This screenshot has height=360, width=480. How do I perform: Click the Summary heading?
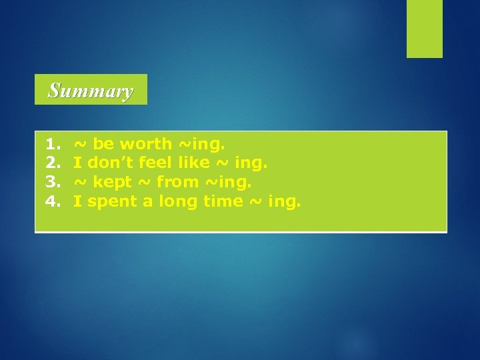(91, 90)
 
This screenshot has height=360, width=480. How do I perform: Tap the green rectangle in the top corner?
(425, 29)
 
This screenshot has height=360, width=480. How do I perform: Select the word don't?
(111, 163)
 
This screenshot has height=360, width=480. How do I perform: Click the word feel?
(155, 163)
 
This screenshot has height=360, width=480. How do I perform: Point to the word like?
(194, 163)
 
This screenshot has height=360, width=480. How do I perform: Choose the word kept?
(113, 182)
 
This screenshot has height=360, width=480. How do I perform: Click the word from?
(177, 182)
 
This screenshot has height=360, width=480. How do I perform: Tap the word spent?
(113, 201)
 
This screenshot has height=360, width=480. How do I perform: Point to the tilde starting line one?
(79, 144)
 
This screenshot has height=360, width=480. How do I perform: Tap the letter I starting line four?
(77, 201)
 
